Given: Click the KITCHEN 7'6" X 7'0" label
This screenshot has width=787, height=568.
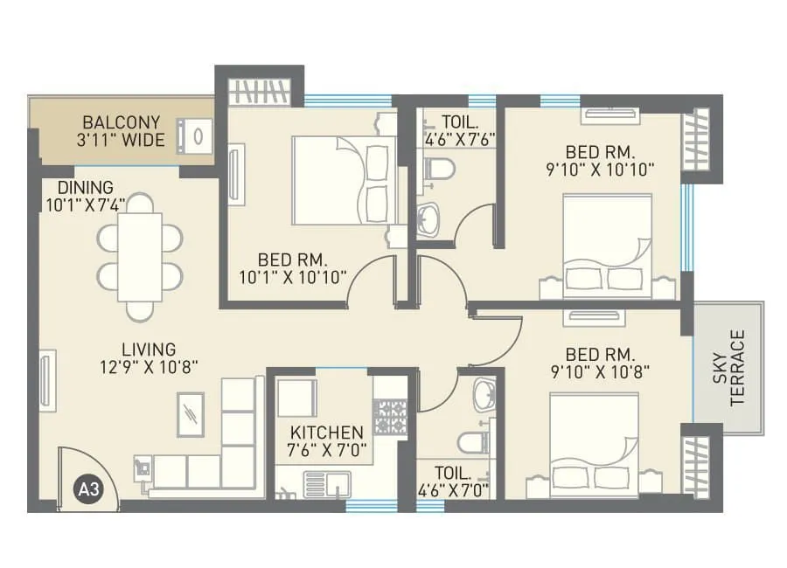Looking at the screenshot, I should coord(327,442).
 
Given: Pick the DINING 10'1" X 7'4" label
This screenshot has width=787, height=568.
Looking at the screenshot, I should coord(86,197).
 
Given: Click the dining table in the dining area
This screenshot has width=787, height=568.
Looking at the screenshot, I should coord(140,256).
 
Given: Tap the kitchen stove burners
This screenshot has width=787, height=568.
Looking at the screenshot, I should coord(391,417).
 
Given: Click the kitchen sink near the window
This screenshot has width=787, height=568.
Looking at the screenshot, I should coord(328,482).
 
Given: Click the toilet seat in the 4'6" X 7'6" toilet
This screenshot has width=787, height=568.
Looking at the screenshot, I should coord(437,167).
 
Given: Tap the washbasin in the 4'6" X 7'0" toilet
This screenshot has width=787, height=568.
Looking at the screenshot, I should coord(483,396).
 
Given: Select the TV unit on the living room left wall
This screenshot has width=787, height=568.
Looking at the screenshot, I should coord(47,378).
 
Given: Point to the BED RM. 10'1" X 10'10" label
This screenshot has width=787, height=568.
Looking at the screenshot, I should coord(293,268).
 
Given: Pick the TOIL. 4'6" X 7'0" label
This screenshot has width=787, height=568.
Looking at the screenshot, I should coord(452,482).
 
